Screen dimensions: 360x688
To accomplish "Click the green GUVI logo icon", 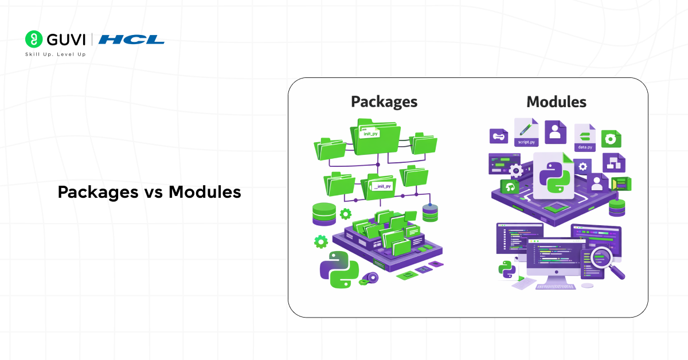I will [34, 39].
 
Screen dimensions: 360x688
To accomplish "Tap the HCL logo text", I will [131, 40].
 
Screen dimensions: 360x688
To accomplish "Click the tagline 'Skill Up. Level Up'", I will [55, 54].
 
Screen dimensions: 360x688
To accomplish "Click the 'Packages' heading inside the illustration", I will [384, 102].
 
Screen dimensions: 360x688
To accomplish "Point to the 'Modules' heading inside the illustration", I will [556, 102].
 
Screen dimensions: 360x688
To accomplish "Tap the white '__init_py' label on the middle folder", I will [382, 186].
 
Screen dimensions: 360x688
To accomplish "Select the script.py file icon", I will [526, 133].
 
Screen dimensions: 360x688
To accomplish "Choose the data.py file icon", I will [585, 138].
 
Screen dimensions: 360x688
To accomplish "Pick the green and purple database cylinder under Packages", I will [324, 214].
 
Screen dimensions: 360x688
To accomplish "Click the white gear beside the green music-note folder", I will [515, 170].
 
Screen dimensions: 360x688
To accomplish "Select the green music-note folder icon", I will [510, 187].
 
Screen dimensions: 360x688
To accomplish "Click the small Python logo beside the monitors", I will [506, 268].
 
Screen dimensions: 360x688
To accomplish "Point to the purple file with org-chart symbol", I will [613, 163].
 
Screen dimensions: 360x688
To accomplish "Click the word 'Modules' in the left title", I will [205, 193].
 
